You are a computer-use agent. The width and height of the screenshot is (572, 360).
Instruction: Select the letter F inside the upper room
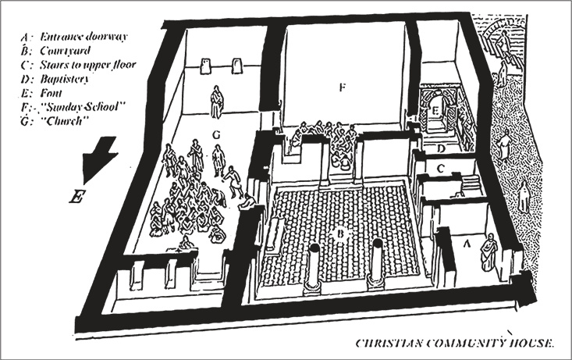point(341,87)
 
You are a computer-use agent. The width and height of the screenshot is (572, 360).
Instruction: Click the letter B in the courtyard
point(339,233)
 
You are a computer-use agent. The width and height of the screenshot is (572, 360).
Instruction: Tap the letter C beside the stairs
point(441,168)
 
